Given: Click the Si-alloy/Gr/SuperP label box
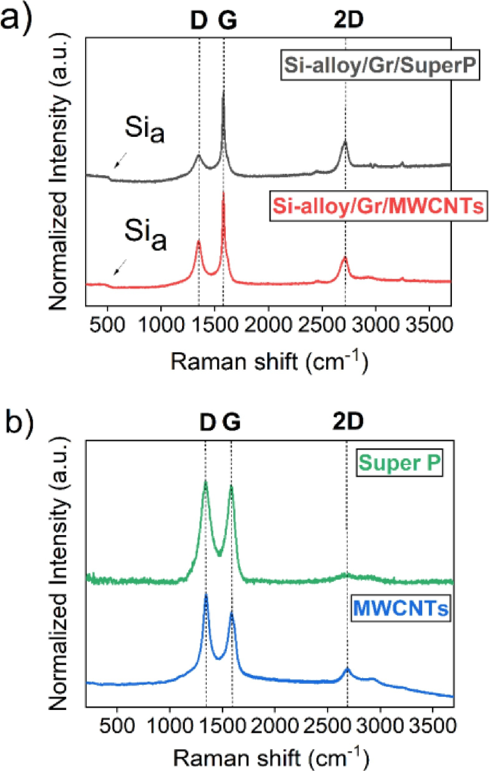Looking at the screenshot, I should (x=380, y=65).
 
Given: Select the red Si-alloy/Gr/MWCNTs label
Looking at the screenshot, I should (x=379, y=206).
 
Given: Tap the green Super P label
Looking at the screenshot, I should (x=399, y=463).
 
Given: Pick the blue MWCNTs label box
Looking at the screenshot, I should (x=401, y=608).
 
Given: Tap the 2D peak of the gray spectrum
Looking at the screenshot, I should (x=345, y=142).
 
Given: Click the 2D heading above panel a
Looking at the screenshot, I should (x=349, y=21).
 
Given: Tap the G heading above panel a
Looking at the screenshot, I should (x=228, y=21).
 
